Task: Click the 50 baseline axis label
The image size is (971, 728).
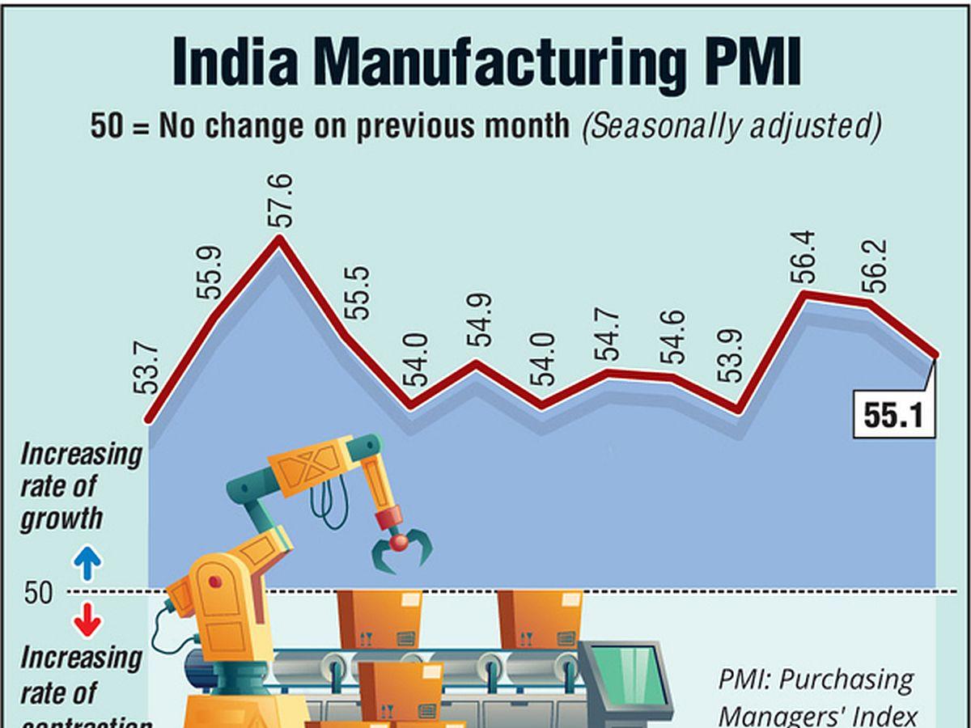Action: click(x=37, y=594)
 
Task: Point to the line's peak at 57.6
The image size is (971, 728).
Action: click(x=279, y=239)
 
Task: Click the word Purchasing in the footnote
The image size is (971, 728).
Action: click(x=861, y=680)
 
